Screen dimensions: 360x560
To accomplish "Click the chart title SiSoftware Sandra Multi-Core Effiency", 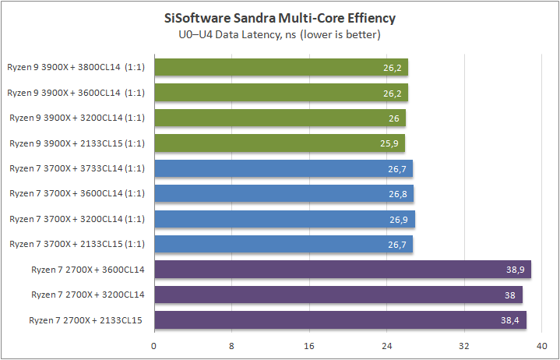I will coord(280,17).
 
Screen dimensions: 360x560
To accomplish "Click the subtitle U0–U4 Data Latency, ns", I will coord(280,34).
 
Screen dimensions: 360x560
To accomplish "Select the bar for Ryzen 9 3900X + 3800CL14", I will coord(281,68).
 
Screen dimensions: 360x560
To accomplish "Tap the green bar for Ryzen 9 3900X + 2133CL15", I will coord(280,143).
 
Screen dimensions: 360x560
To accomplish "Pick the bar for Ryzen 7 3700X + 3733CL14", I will coord(284,169).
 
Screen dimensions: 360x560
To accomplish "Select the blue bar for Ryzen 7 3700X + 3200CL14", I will coord(284,220).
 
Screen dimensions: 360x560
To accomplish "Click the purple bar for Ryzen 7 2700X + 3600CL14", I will coord(343,270).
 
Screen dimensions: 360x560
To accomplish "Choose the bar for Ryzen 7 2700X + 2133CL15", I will coord(340,320).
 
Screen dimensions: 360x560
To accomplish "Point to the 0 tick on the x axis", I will coord(154,344).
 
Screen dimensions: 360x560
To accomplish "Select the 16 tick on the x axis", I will coord(309,344).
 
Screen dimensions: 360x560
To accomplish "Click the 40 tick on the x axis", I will coord(542,344).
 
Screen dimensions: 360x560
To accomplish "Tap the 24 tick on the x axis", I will coord(387,344).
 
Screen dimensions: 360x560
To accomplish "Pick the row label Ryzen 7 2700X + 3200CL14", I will coord(88,295).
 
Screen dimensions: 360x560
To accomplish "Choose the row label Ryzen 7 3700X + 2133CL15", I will coord(76,245).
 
